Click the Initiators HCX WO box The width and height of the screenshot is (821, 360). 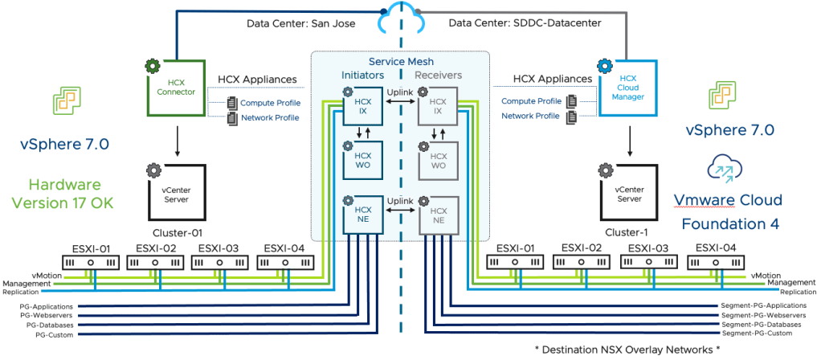coord(361,160)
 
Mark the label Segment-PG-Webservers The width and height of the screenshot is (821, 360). coord(763,316)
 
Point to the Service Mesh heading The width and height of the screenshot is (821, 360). coord(400,61)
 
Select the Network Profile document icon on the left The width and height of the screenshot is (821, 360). coord(233,118)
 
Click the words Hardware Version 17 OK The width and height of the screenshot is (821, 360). coord(69,194)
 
